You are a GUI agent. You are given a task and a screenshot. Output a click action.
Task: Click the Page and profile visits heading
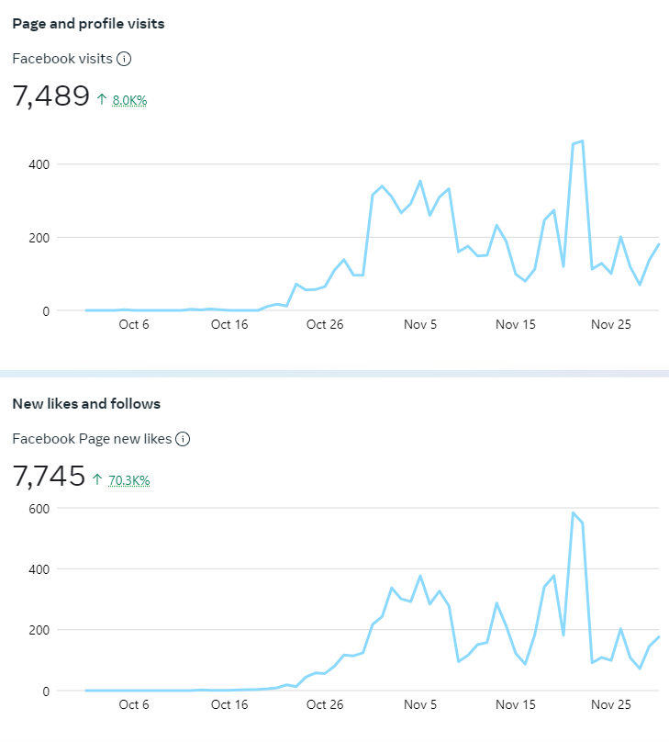(88, 24)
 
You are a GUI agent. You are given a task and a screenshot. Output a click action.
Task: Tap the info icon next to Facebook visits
(124, 59)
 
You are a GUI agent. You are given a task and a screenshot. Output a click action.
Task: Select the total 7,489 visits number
(51, 96)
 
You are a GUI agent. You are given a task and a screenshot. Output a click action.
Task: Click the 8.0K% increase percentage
(129, 100)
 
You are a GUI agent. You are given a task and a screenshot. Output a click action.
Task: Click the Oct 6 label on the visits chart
(134, 324)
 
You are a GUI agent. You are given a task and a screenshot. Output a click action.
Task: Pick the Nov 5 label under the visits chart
(420, 324)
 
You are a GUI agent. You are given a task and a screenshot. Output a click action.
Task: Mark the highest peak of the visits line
(582, 141)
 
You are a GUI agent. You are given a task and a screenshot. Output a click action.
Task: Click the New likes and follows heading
(86, 404)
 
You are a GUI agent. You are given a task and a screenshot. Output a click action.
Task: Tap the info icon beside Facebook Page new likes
(183, 439)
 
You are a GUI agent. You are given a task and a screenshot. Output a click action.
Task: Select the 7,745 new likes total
(49, 477)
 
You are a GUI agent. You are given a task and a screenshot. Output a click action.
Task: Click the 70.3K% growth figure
(128, 479)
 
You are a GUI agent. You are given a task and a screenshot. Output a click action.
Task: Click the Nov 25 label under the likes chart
(611, 704)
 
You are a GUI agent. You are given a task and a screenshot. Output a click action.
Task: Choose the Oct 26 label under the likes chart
(324, 704)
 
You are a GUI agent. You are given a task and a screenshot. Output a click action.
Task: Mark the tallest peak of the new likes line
(573, 512)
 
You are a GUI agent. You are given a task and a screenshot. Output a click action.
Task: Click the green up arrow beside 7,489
(101, 99)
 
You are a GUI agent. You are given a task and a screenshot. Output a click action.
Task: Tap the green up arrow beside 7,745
(97, 479)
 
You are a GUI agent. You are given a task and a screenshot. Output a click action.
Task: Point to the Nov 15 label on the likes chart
(516, 704)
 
